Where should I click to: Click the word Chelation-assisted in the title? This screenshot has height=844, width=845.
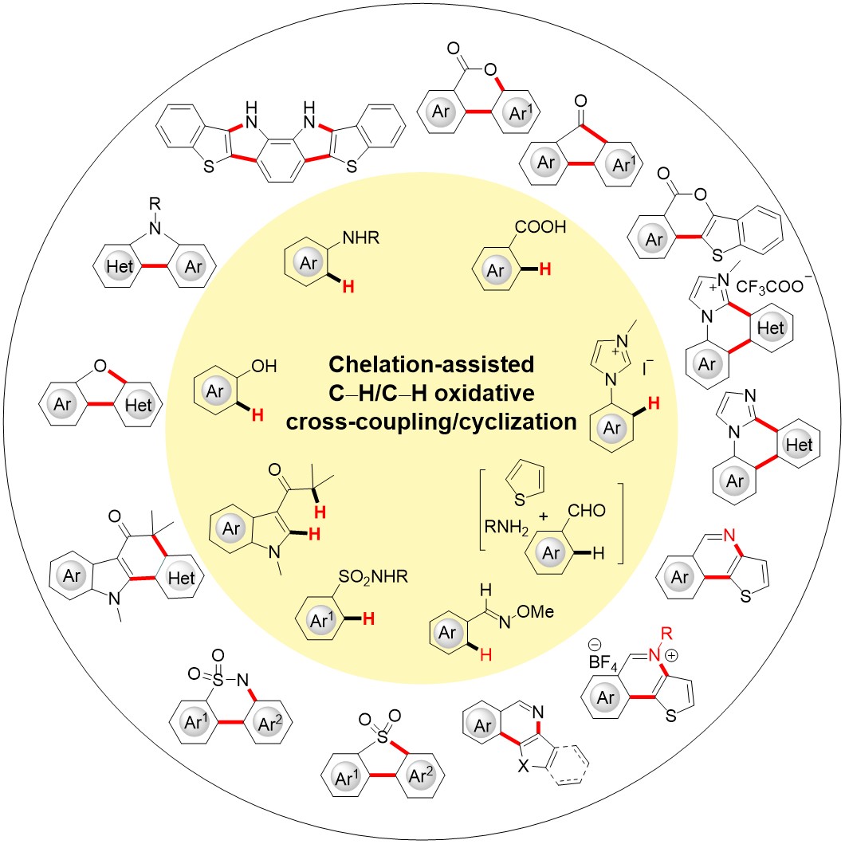[431, 365]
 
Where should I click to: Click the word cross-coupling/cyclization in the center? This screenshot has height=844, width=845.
[431, 422]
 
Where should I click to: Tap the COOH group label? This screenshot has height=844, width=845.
[540, 227]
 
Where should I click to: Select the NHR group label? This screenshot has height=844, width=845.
[360, 237]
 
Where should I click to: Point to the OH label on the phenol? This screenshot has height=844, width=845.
[264, 367]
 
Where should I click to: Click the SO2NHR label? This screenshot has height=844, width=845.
[373, 577]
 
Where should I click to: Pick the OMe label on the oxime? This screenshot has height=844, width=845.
[535, 611]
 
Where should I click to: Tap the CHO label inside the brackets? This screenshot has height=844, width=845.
[587, 510]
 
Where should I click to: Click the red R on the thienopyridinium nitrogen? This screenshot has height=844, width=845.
[666, 633]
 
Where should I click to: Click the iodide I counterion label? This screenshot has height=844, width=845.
[647, 367]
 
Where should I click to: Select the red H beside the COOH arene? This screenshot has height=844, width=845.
[545, 269]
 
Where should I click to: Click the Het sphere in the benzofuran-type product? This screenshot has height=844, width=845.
[139, 405]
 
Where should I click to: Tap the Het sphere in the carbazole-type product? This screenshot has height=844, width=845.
[120, 266]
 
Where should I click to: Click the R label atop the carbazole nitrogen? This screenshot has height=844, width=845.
[155, 203]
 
